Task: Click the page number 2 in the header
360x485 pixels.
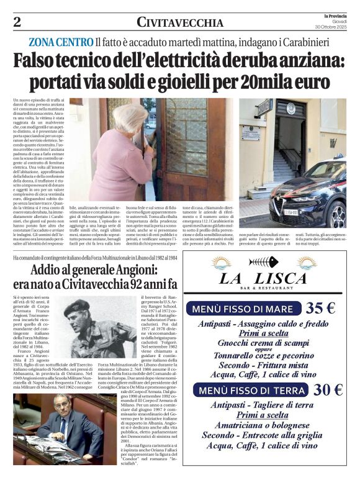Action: (17, 23)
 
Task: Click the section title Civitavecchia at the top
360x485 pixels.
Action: (180, 23)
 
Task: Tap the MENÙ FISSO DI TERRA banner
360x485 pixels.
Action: (251, 390)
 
